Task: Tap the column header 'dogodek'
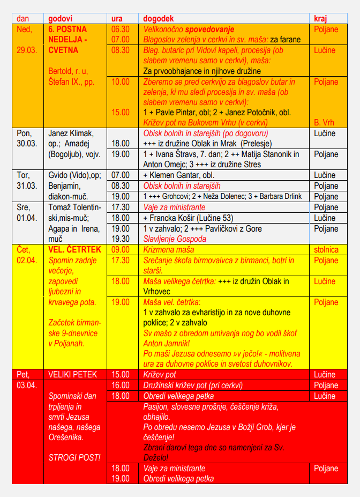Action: point(159,18)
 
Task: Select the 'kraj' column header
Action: point(320,18)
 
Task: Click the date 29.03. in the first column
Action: point(25,50)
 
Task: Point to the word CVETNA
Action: point(63,50)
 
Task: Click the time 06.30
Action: point(120,29)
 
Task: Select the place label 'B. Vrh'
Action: point(324,122)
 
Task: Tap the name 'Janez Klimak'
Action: point(71,133)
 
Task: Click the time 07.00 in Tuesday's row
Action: point(120,175)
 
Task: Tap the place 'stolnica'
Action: point(326,249)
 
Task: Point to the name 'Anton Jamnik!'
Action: point(168,343)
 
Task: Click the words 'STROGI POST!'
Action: point(74,458)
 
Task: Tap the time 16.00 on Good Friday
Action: point(120,385)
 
